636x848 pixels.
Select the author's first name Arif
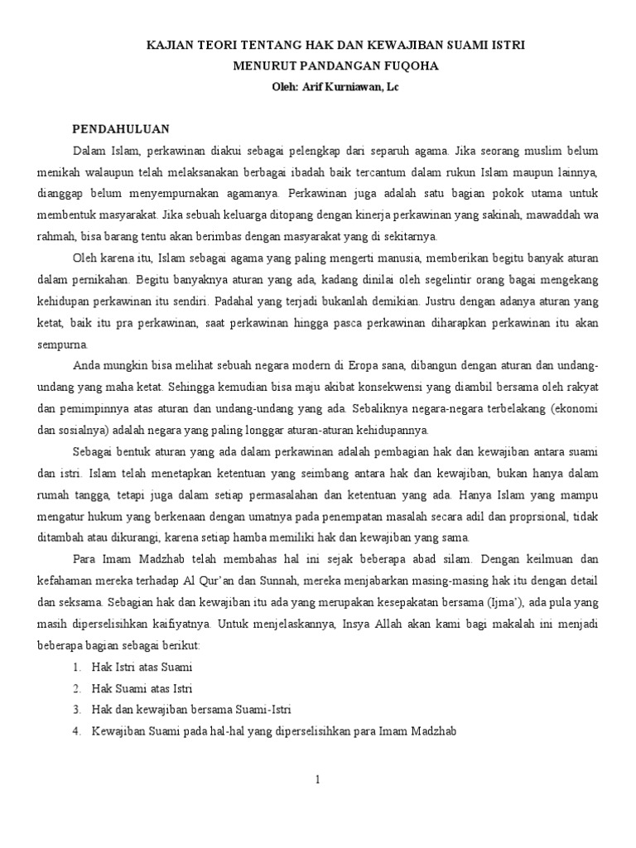(x=306, y=85)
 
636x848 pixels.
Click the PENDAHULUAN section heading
(x=121, y=129)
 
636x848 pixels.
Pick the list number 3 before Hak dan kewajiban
(x=75, y=709)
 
